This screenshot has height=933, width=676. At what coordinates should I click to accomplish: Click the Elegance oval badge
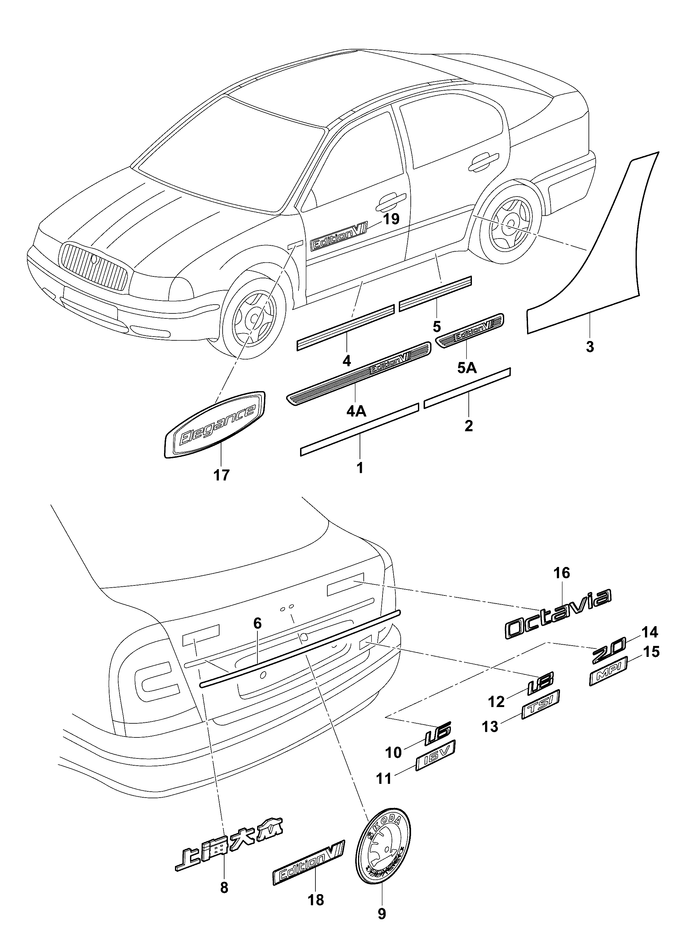pos(215,424)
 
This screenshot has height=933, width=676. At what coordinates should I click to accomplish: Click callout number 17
pos(221,475)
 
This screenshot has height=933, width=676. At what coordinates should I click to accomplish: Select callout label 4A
pos(356,411)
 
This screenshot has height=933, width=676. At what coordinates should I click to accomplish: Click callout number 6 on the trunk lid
pos(257,624)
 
